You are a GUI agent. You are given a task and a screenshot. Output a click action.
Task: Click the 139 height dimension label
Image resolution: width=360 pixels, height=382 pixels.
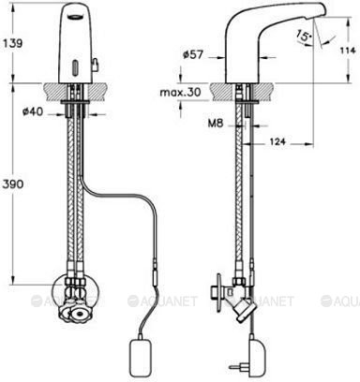pyautogui.click(x=13, y=43)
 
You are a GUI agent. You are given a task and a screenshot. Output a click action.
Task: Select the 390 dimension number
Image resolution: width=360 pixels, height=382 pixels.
pyautogui.click(x=13, y=184)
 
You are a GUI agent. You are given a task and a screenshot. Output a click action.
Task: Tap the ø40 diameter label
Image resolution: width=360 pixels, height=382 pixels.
pyautogui.click(x=33, y=111)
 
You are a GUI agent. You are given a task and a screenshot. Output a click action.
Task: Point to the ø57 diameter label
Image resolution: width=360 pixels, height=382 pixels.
pyautogui.click(x=193, y=55)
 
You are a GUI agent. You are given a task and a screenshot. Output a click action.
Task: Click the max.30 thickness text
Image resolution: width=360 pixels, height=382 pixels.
pyautogui.click(x=180, y=93)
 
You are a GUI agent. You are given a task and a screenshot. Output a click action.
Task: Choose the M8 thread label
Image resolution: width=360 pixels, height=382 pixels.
pyautogui.click(x=216, y=124)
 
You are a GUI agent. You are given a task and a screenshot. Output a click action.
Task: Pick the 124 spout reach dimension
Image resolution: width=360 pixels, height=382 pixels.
pyautogui.click(x=277, y=141)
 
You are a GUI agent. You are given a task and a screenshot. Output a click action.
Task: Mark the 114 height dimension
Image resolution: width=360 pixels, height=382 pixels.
pyautogui.click(x=348, y=51)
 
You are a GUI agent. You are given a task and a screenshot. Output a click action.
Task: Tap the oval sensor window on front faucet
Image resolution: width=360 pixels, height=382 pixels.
pyautogui.click(x=75, y=66)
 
